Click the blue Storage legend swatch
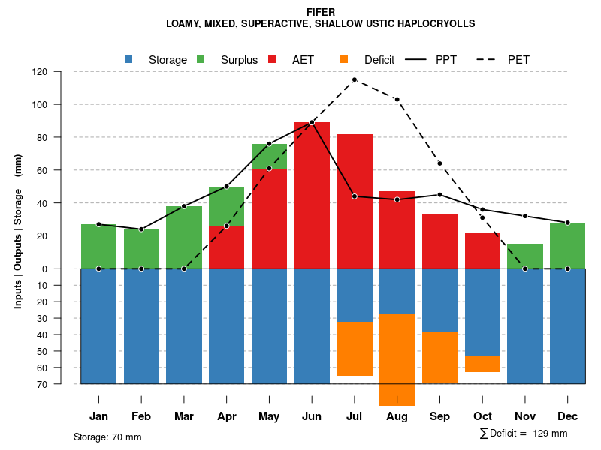(x=129, y=59)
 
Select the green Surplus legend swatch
(x=201, y=59)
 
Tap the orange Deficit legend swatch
(x=344, y=59)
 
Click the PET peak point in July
(x=355, y=79)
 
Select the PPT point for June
(x=312, y=122)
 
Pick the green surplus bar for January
(x=98, y=246)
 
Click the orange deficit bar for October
(x=482, y=364)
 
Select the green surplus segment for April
(x=226, y=206)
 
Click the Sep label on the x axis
(x=439, y=416)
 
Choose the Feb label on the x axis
(x=141, y=416)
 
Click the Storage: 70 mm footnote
(x=107, y=436)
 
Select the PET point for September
(x=439, y=163)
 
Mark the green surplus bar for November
(x=525, y=256)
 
